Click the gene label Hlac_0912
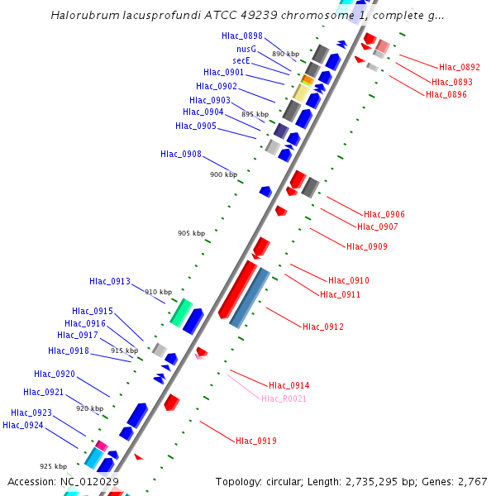click(x=323, y=327)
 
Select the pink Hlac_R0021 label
click(x=284, y=399)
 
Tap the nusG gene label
click(x=246, y=49)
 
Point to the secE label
click(x=242, y=60)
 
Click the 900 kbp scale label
click(x=223, y=175)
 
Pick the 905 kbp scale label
click(x=191, y=234)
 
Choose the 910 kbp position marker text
click(x=158, y=293)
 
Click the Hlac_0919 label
click(x=256, y=441)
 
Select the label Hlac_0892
click(x=460, y=68)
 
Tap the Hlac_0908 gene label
click(x=181, y=154)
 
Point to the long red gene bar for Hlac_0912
click(x=236, y=289)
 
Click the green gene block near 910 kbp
click(x=181, y=312)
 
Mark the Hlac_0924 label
click(x=23, y=425)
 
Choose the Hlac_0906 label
click(x=384, y=215)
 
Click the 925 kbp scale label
click(x=53, y=467)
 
